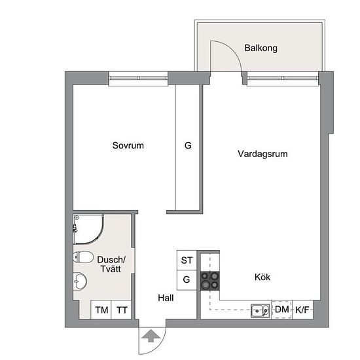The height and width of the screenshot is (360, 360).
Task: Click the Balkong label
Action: coord(261,48)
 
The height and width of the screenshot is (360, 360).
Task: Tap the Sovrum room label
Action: coord(128,145)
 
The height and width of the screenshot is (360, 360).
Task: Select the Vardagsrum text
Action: coord(262,154)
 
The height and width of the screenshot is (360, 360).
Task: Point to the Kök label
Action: coord(262,277)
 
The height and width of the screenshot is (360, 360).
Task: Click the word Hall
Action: coord(166,298)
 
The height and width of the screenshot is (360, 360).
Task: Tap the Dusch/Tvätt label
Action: coord(111,264)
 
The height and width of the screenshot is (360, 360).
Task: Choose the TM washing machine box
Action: coord(101,310)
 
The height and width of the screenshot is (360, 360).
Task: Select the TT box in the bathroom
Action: coord(121,310)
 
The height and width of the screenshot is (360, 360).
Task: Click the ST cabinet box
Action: coord(187,261)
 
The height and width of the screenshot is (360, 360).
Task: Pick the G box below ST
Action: coord(187,280)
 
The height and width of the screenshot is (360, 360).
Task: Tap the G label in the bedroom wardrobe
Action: coord(188,145)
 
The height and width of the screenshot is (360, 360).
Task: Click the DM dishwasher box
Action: coord(281,310)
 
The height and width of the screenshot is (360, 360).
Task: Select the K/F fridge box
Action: coord(302,310)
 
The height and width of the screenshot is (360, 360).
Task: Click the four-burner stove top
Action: coord(210,281)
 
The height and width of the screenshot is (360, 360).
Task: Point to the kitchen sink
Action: coord(260,311)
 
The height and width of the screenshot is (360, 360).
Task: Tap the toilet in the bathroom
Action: coord(83,257)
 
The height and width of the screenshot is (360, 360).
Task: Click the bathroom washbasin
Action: coord(80,281)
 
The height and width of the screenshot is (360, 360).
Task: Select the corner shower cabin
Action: coord(88,228)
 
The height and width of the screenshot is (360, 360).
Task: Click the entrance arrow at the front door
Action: coord(151,336)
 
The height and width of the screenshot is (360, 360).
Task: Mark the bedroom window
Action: coord(138,78)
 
